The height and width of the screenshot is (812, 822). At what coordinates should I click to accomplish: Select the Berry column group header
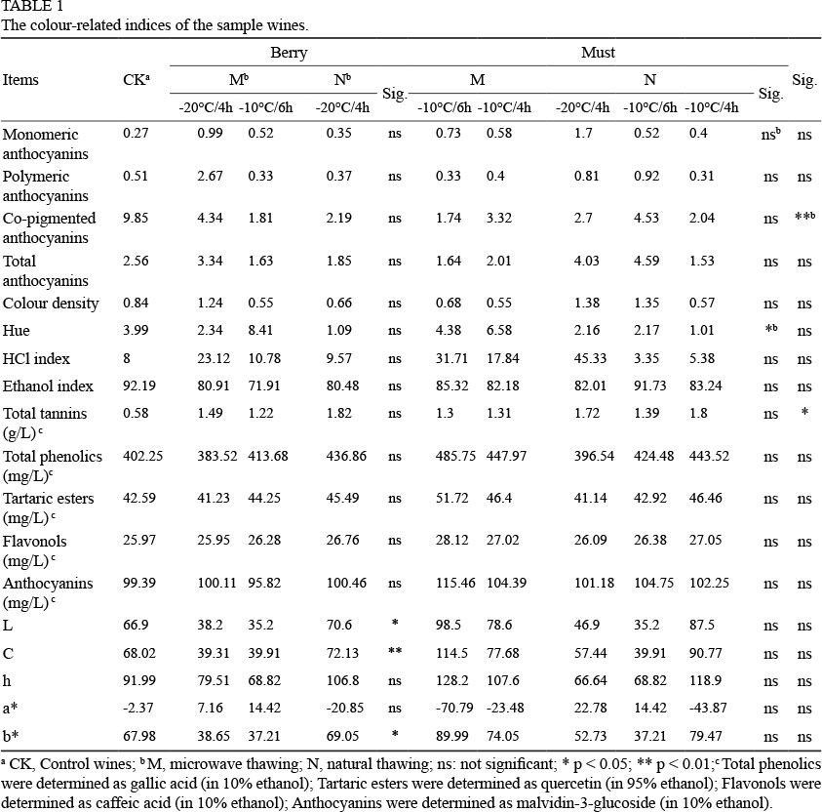click(x=289, y=53)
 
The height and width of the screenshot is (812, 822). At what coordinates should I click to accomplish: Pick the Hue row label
click(x=17, y=332)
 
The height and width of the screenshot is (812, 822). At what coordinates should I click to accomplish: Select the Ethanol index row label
click(x=44, y=387)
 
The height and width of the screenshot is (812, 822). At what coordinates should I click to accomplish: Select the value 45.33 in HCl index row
click(x=573, y=359)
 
